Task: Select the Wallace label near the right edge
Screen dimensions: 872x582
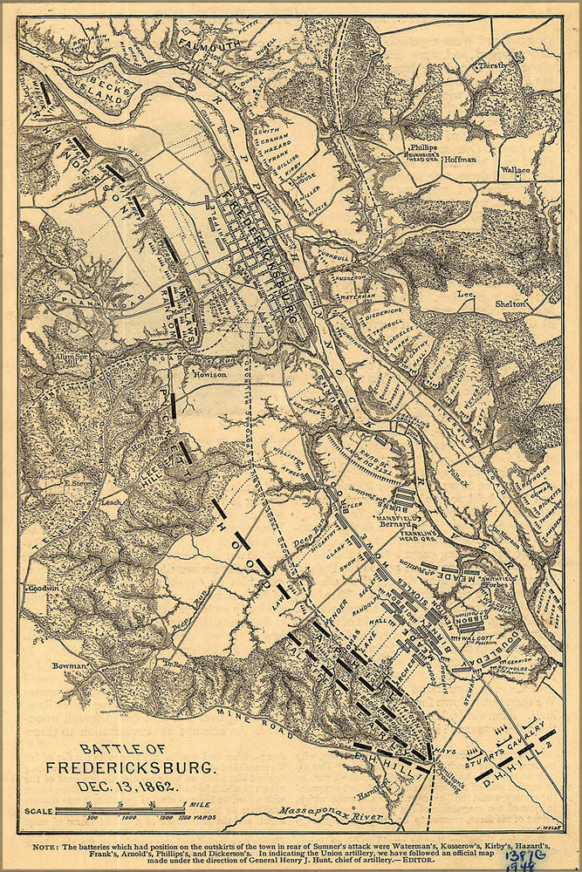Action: click(517, 171)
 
